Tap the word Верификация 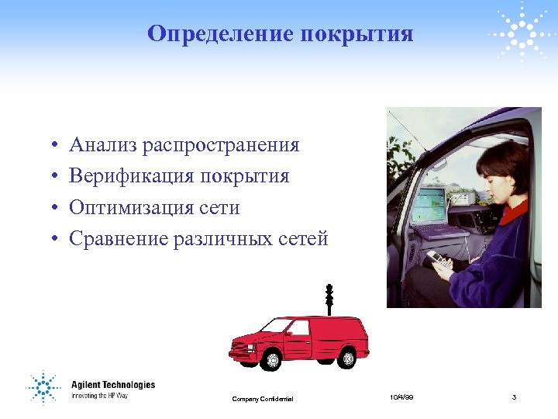pos(131,177)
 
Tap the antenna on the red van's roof pos(329,299)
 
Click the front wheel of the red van pos(271,359)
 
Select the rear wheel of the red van pos(348,358)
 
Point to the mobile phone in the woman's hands pos(436,259)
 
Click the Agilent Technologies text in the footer pos(113,385)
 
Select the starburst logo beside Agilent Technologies pos(43,386)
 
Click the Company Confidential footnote pos(263,399)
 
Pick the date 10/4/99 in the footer pos(402,397)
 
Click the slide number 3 pos(514,397)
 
